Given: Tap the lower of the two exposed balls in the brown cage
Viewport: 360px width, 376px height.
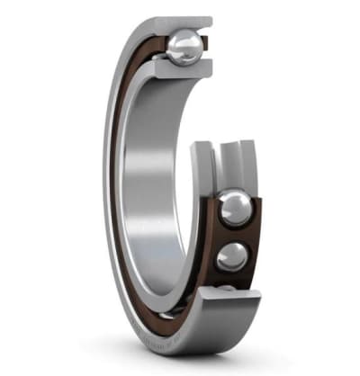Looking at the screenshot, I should click(x=232, y=255).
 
